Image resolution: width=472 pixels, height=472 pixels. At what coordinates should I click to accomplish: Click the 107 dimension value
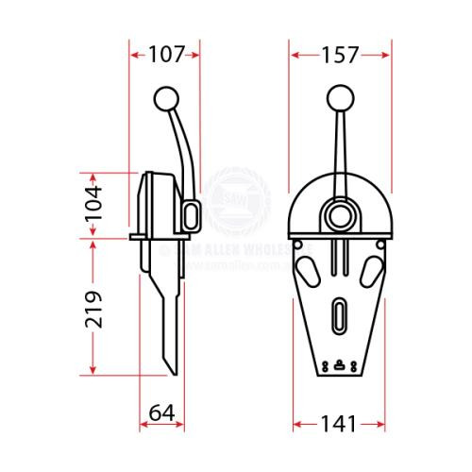click(165, 55)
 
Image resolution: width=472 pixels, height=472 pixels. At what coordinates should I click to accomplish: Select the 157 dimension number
click(340, 55)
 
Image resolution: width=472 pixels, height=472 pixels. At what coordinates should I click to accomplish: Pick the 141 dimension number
click(340, 425)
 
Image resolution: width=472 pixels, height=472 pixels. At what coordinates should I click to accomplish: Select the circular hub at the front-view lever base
click(339, 214)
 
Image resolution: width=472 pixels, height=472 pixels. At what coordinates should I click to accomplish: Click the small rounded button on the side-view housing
click(193, 215)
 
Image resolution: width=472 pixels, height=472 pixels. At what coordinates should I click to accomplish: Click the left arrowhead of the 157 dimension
click(293, 56)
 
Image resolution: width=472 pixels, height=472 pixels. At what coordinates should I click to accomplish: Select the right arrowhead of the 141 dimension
click(385, 425)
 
